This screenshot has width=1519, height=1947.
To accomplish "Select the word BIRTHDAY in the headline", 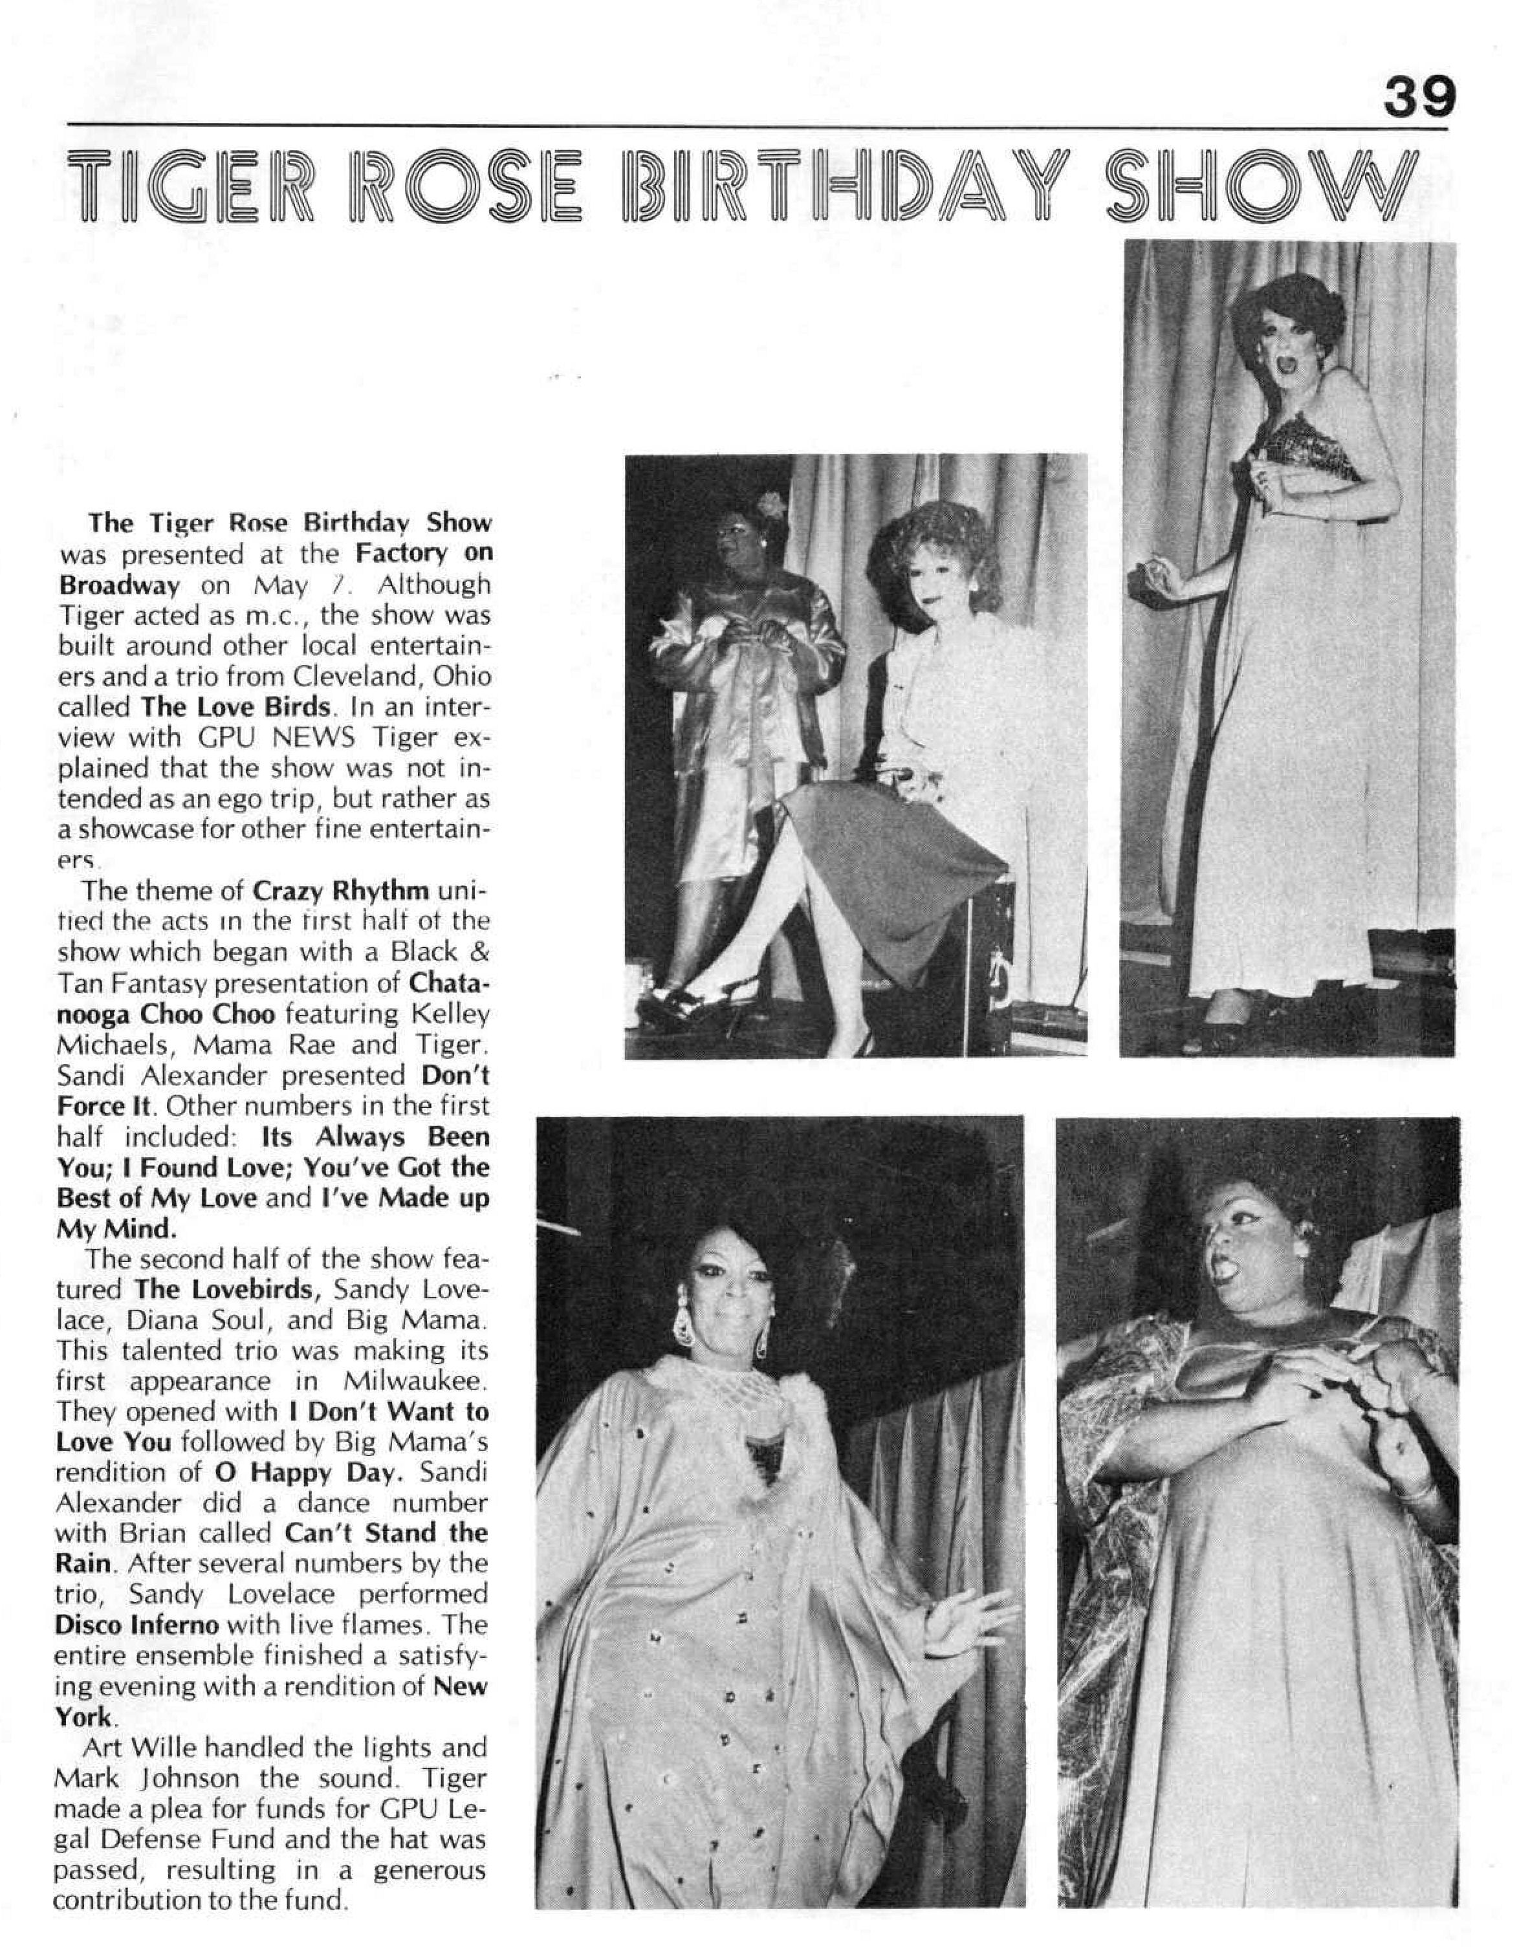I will click(838, 190).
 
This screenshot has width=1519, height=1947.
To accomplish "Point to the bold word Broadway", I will click(120, 585).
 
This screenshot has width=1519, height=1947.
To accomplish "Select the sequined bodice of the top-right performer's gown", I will click(1306, 448).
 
